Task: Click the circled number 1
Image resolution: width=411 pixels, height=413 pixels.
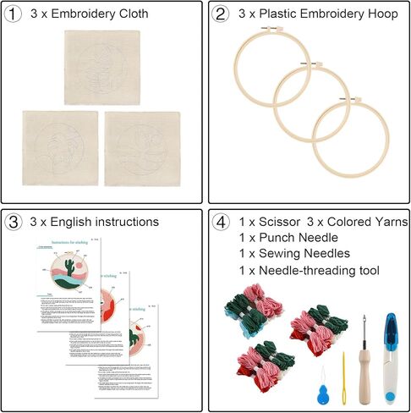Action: (x=15, y=14)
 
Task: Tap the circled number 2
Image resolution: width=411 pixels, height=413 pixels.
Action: (x=222, y=14)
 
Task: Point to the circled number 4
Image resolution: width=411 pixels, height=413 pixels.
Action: (x=222, y=223)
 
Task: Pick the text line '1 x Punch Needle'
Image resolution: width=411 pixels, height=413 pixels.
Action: (x=287, y=239)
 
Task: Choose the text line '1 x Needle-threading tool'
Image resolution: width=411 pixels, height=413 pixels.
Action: (x=309, y=271)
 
